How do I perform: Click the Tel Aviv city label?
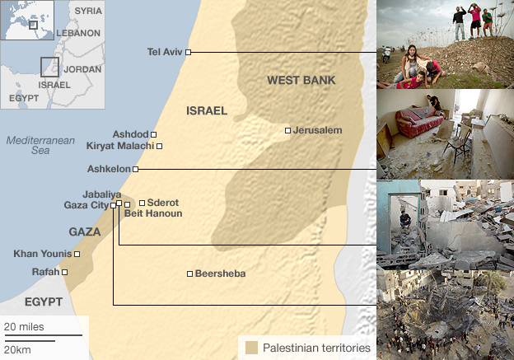pyautogui.click(x=164, y=52)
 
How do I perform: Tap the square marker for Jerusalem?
pyautogui.click(x=287, y=130)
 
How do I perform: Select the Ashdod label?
pyautogui.click(x=130, y=134)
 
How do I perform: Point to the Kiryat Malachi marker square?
pyautogui.click(x=160, y=146)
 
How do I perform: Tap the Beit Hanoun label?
pyautogui.click(x=153, y=213)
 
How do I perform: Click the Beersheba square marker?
pyautogui.click(x=189, y=274)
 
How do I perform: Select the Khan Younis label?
pyautogui.click(x=42, y=253)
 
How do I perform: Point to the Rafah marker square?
pyautogui.click(x=65, y=271)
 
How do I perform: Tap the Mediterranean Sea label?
pyautogui.click(x=29, y=146)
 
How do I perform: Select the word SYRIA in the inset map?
pyautogui.click(x=88, y=11)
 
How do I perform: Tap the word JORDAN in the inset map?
pyautogui.click(x=82, y=70)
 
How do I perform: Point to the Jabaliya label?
pyautogui.click(x=102, y=194)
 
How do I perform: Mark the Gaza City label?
pyautogui.click(x=86, y=205)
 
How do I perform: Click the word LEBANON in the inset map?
pyautogui.click(x=79, y=33)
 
